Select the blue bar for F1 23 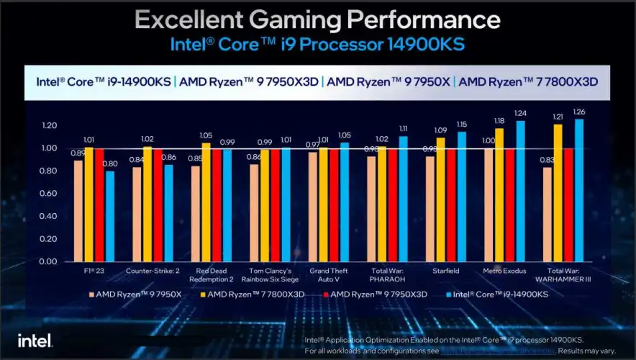pyautogui.click(x=109, y=216)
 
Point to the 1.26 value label pyautogui.click(x=578, y=112)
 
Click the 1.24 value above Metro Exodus pyautogui.click(x=520, y=113)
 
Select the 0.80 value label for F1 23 pyautogui.click(x=109, y=163)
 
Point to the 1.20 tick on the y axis pyautogui.click(x=49, y=125)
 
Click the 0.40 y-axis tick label pyautogui.click(x=49, y=216)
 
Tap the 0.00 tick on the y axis pyautogui.click(x=49, y=261)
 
